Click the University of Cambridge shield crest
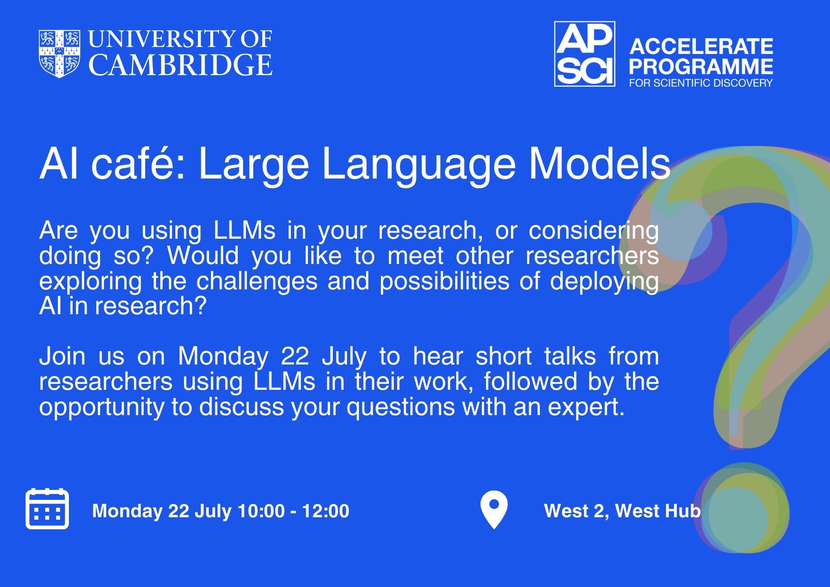coord(60,54)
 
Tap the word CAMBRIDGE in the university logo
coord(181,65)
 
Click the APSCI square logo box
coord(585,54)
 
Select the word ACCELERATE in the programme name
coord(701,46)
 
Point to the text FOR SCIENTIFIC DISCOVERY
coord(701,83)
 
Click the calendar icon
coord(47,509)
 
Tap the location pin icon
coord(494,509)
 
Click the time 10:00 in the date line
coord(261,511)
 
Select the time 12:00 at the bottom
coord(325,511)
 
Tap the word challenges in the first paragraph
coord(257,281)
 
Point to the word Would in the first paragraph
coord(203,256)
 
